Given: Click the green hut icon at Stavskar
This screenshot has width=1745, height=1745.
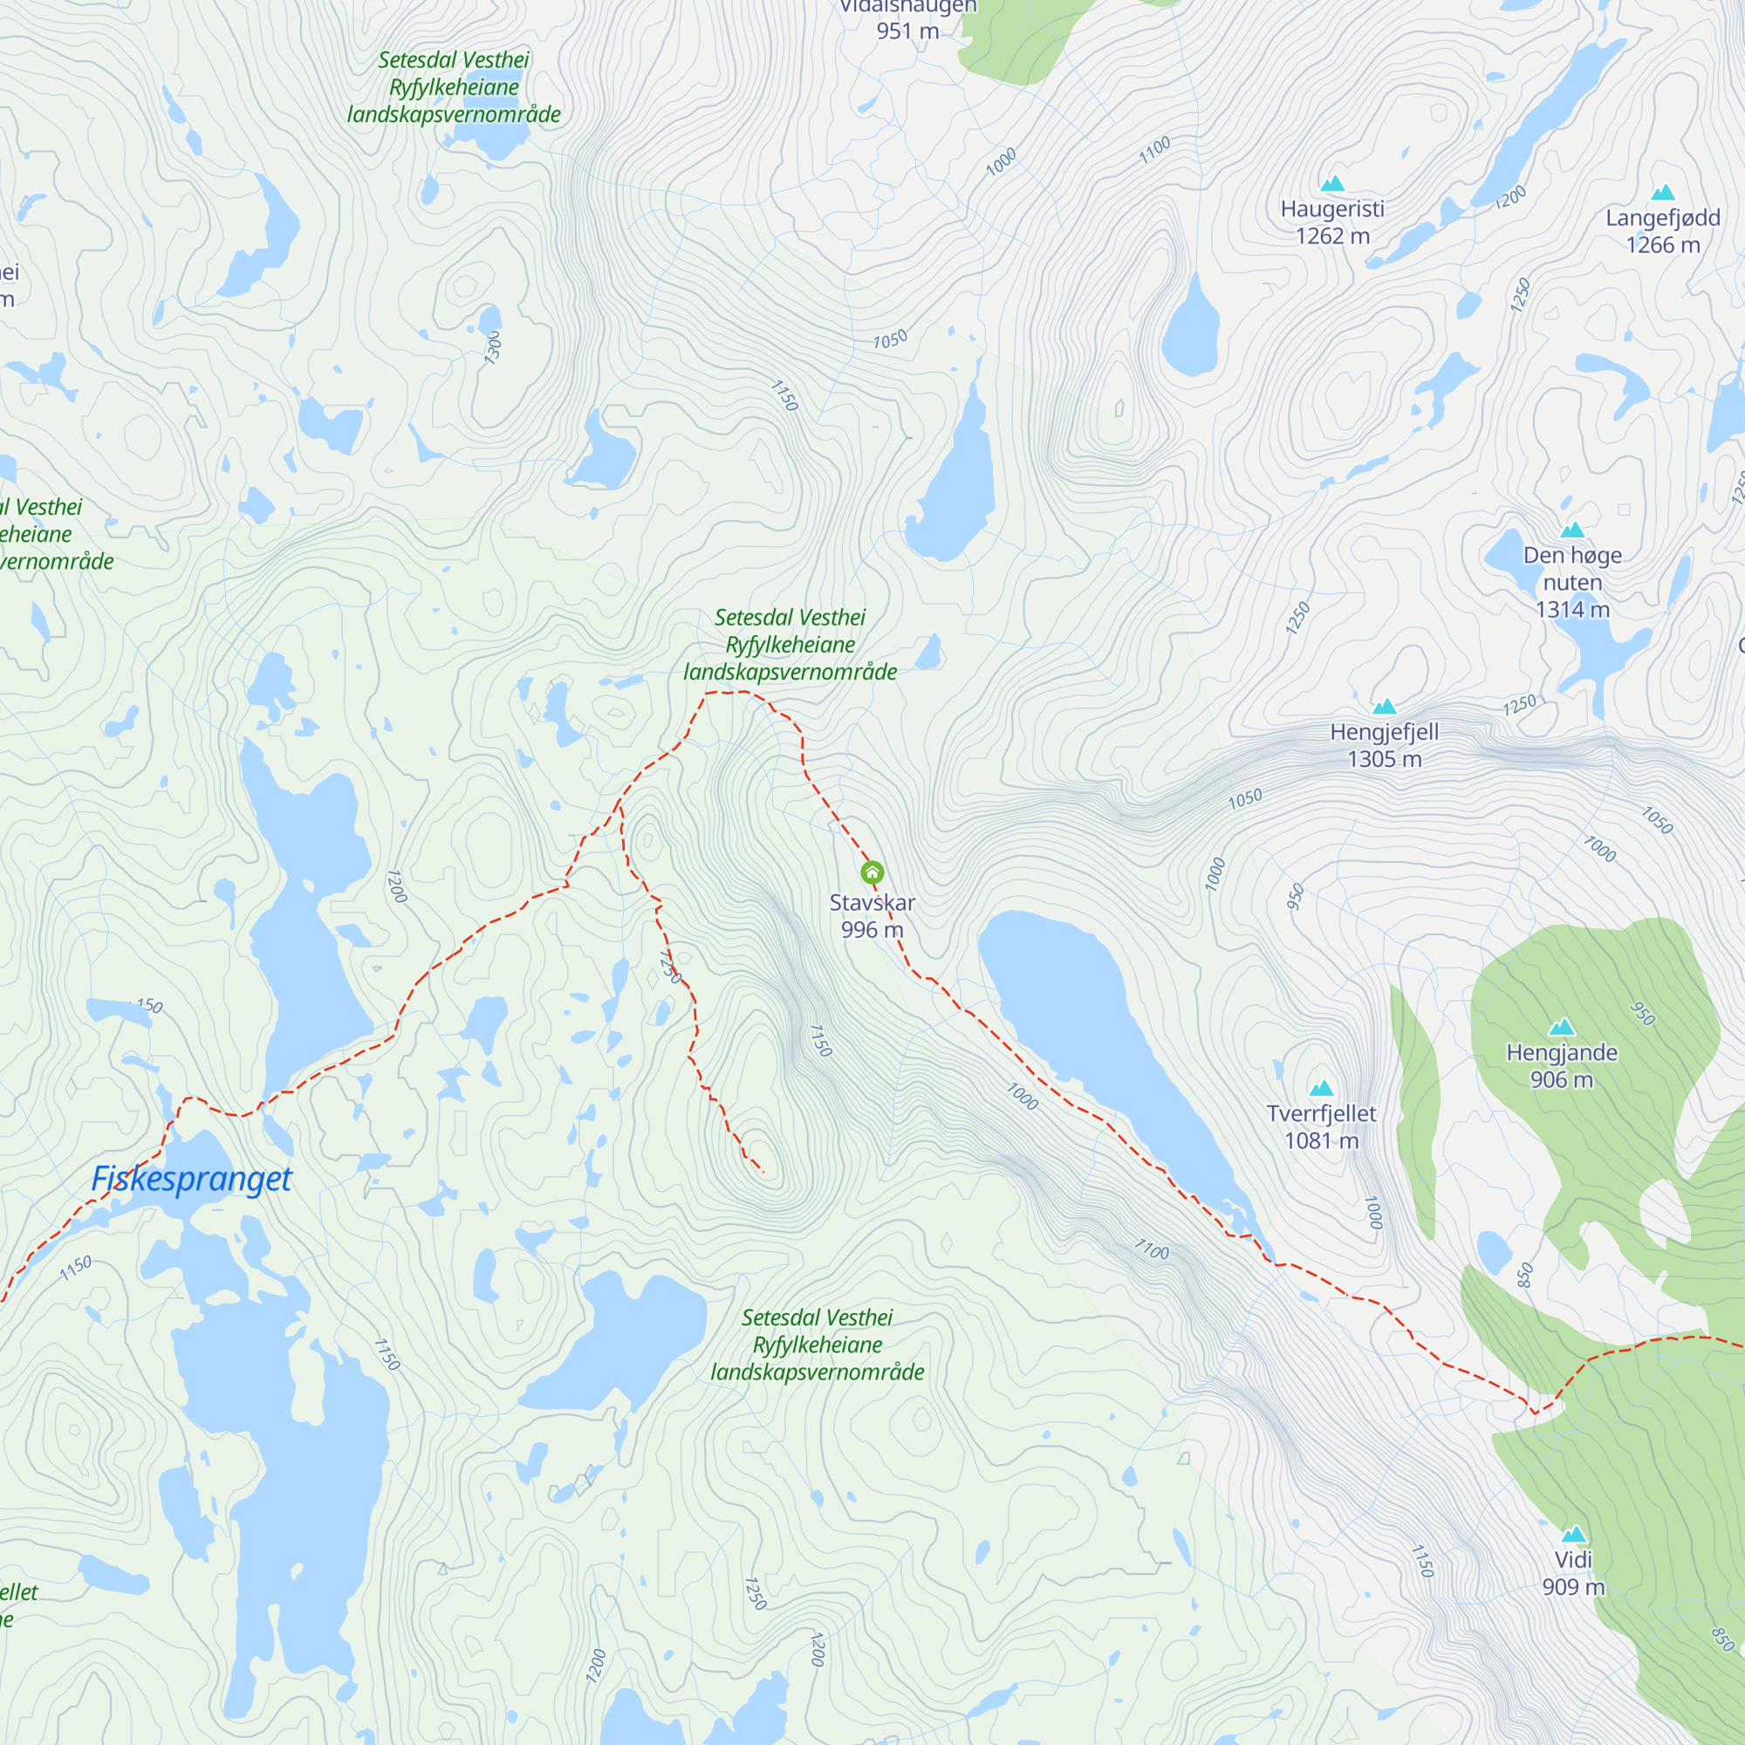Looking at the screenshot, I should (872, 872).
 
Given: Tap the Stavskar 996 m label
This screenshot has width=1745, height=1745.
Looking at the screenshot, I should (872, 916).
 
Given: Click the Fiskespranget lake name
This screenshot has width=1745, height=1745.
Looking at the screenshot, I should (191, 1179).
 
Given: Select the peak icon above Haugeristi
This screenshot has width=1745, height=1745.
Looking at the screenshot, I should (1332, 184).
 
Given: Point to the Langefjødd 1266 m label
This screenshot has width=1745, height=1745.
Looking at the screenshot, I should (1663, 231).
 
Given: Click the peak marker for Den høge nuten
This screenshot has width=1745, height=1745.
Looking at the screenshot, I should (1572, 530).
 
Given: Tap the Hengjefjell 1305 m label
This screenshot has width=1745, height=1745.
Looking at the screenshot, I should (1384, 745).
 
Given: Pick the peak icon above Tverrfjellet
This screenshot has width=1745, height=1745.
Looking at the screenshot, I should (1321, 1087).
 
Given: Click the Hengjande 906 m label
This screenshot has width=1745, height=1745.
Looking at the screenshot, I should (1562, 1066).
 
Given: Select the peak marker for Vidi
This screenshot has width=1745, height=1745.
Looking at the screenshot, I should (1573, 1534).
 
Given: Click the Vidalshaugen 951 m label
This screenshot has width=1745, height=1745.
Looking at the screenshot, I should (907, 18).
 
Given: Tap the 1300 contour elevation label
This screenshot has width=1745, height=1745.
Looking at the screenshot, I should (492, 347).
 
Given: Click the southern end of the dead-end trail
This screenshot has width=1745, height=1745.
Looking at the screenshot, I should (763, 1173).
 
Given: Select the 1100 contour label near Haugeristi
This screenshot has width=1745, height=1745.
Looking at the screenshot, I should (1154, 150).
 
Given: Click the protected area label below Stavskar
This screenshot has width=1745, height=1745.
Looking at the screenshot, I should (817, 1344).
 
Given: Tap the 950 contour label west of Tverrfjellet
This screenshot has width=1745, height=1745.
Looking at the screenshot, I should (1295, 896).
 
